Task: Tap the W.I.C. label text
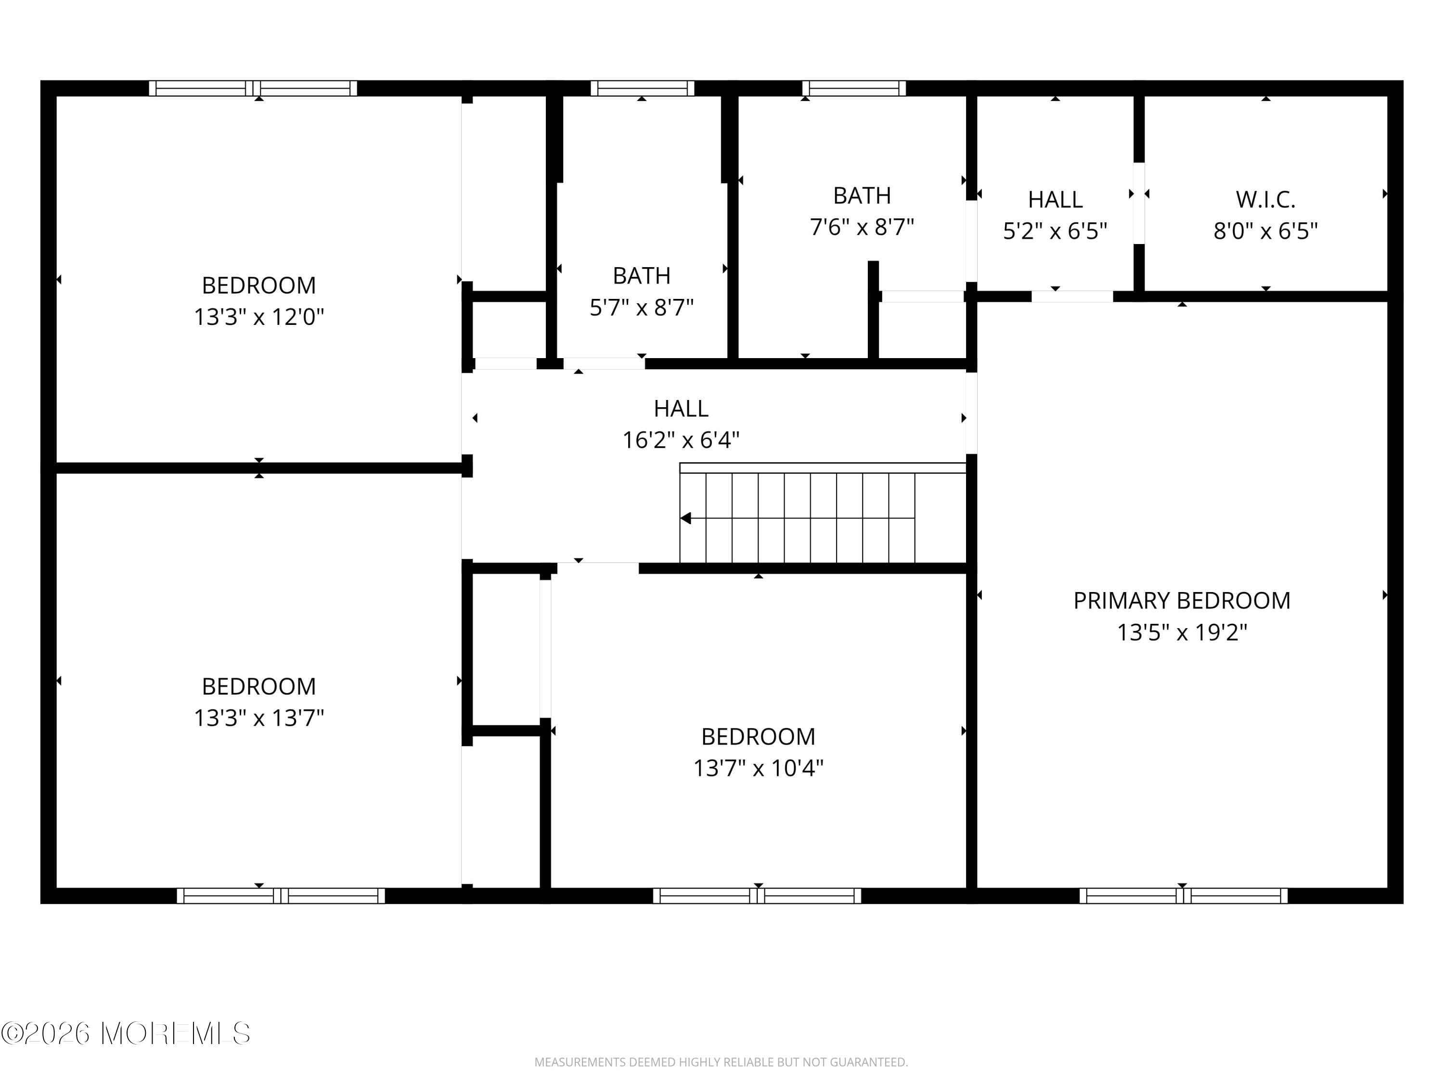click(x=1265, y=199)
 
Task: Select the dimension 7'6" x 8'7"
click(x=862, y=227)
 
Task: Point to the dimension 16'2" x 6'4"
click(x=681, y=440)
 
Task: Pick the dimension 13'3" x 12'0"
click(x=258, y=317)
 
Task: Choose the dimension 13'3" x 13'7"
click(x=258, y=718)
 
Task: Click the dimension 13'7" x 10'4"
click(x=758, y=768)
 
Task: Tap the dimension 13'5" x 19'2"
click(x=1182, y=632)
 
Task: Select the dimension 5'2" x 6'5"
click(x=1055, y=231)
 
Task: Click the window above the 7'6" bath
click(x=854, y=88)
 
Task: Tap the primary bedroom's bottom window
click(x=1183, y=896)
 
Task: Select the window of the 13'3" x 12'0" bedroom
click(x=253, y=88)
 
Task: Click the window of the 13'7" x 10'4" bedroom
click(x=757, y=896)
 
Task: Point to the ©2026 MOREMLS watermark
click(x=125, y=1033)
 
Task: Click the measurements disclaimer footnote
click(x=721, y=1062)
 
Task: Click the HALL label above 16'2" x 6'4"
click(x=681, y=409)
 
